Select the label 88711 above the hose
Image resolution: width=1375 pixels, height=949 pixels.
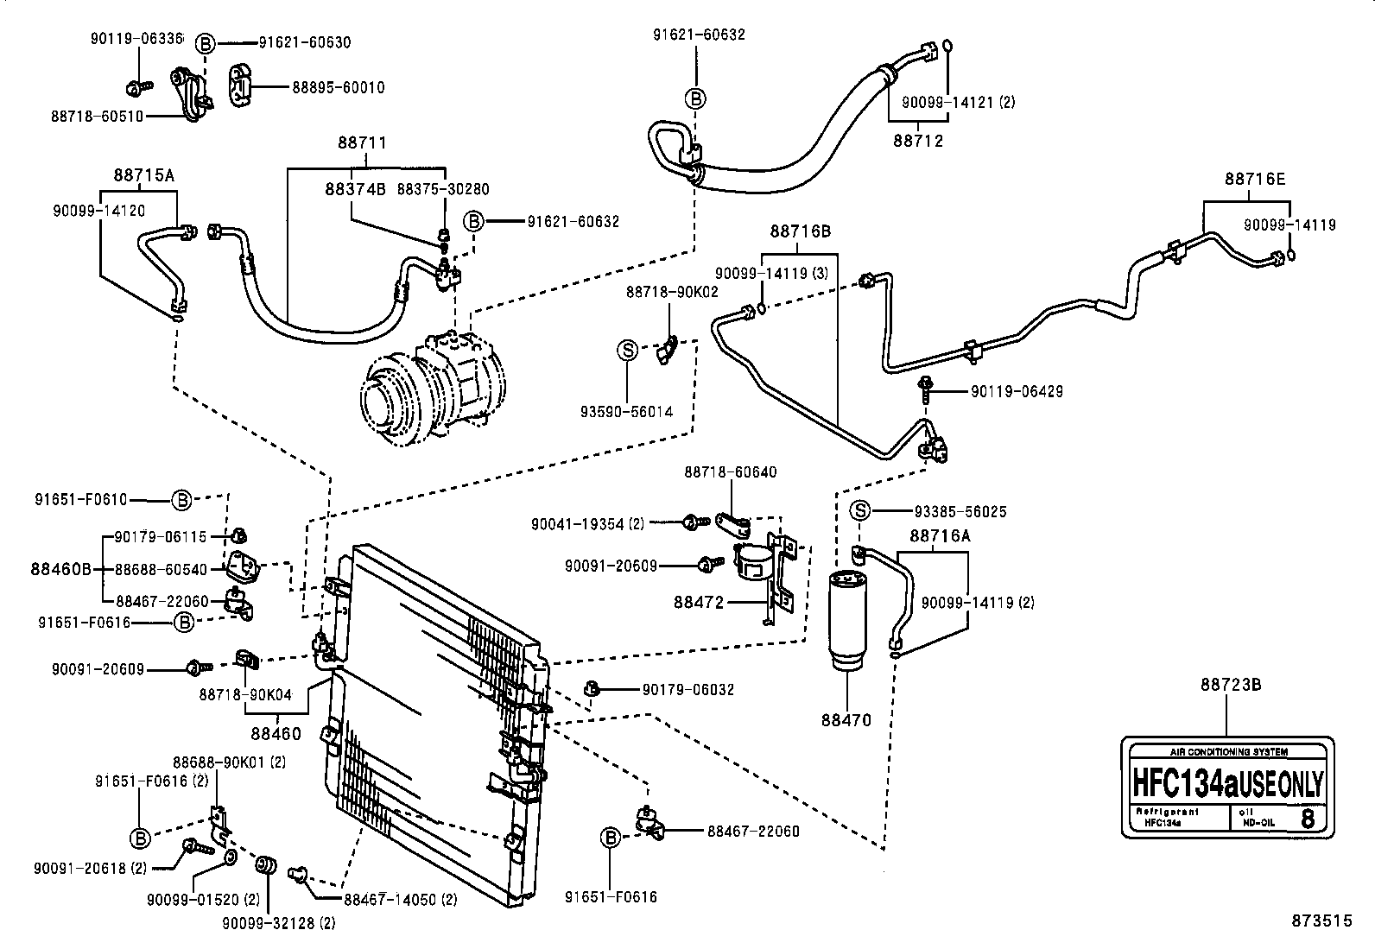point(362,142)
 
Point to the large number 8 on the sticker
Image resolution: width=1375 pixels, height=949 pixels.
point(1308,818)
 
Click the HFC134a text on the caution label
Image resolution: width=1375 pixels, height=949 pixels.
point(1186,785)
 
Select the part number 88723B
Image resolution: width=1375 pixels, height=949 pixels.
point(1231,685)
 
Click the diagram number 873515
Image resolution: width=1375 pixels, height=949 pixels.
point(1321,921)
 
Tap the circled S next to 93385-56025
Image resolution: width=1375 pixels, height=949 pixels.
point(861,511)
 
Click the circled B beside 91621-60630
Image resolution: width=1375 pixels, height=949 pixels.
point(205,42)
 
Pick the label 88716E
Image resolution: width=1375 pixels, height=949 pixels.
point(1254,179)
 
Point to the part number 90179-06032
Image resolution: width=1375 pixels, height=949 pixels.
point(688,689)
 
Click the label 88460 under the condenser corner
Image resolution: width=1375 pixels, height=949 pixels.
point(276,734)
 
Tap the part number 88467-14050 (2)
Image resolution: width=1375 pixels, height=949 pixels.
point(400,900)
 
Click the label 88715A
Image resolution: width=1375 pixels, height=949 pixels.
point(143,174)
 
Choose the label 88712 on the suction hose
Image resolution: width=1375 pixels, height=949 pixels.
point(918,140)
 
